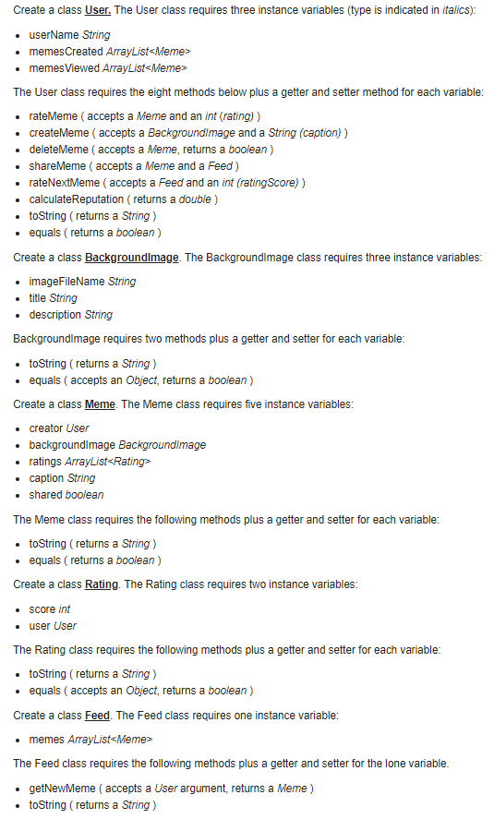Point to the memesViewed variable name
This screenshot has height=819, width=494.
click(x=60, y=68)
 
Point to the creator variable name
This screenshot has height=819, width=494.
click(x=47, y=428)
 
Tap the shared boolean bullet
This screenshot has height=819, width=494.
click(x=66, y=495)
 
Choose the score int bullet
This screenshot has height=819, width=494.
click(x=50, y=609)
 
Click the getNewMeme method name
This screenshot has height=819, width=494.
click(x=61, y=789)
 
